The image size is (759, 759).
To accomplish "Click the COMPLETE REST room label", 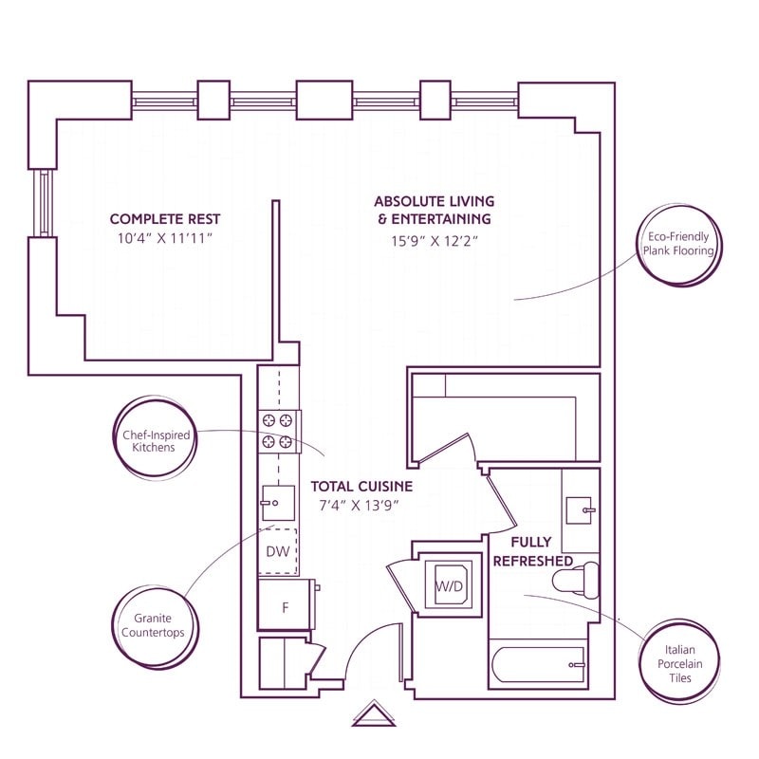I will [x=164, y=219].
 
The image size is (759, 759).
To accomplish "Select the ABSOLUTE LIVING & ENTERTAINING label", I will [x=434, y=211].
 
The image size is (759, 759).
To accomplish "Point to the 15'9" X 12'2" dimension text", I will [x=434, y=240].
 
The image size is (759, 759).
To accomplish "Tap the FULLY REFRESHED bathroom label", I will [x=532, y=551].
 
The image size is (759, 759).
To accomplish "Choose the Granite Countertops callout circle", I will [x=152, y=624].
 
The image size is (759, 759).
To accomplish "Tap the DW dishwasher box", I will [x=279, y=551].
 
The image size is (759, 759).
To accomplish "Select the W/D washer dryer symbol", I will [x=449, y=585].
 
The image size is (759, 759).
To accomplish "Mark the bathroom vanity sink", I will [x=580, y=510].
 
